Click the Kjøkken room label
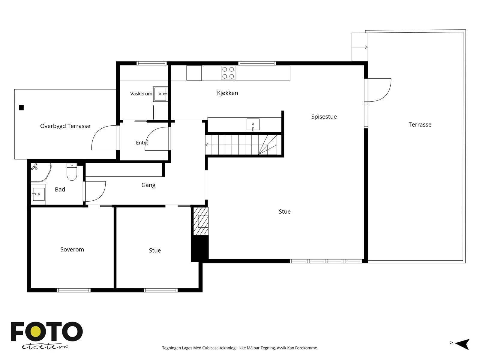[227, 93]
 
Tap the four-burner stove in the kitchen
[228, 73]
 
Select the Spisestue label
[324, 117]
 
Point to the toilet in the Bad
[72, 172]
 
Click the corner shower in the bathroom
[41, 172]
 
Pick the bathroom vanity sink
[38, 194]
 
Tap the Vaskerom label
[141, 94]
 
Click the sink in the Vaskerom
[160, 94]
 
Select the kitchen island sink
[253, 124]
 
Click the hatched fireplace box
[201, 221]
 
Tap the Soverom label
[72, 250]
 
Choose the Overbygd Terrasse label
[65, 126]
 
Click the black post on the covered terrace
[21, 108]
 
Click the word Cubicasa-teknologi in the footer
[220, 348]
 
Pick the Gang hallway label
[148, 185]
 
